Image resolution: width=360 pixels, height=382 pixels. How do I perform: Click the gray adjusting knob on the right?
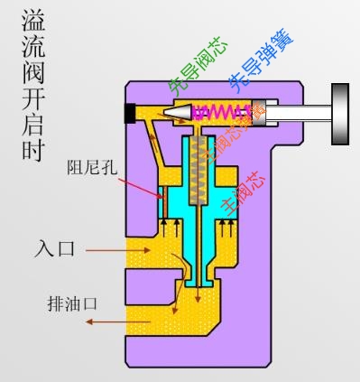340,113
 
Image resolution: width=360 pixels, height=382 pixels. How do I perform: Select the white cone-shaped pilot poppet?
178,112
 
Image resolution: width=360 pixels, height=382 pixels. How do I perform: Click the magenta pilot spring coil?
215,112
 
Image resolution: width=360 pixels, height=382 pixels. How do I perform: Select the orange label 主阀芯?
253,191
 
